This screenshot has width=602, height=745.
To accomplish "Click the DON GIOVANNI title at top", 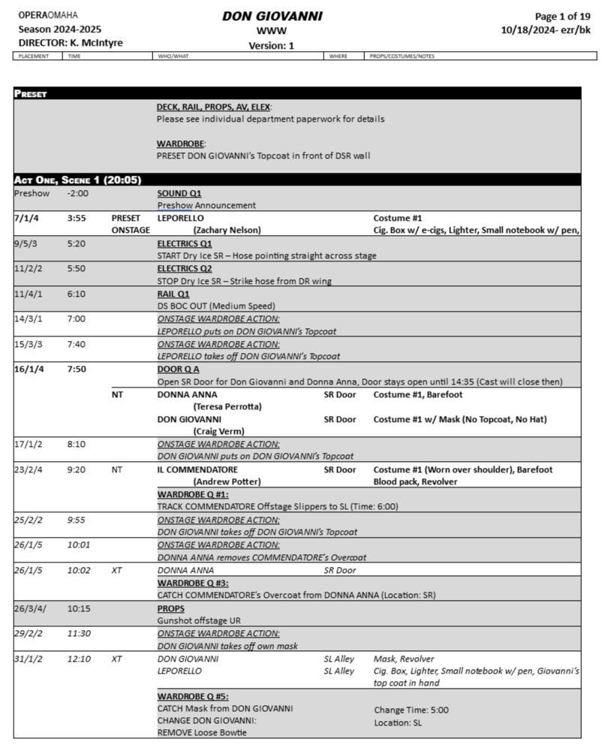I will [272, 16].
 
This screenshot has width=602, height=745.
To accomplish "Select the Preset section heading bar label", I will [31, 94].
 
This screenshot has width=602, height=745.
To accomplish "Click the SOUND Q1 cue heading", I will [179, 193].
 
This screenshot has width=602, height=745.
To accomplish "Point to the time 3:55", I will [76, 218].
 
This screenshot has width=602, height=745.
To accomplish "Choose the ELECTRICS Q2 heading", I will [185, 269].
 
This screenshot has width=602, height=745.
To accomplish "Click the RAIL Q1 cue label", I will [173, 294].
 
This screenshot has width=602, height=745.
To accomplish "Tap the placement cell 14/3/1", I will [29, 318].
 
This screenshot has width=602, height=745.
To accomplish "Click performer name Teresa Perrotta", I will [227, 406].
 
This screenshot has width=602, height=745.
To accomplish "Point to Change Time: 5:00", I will [411, 709].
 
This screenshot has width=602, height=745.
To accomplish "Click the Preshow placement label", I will [31, 193].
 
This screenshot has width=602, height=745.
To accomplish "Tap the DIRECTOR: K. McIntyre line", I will [71, 43].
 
